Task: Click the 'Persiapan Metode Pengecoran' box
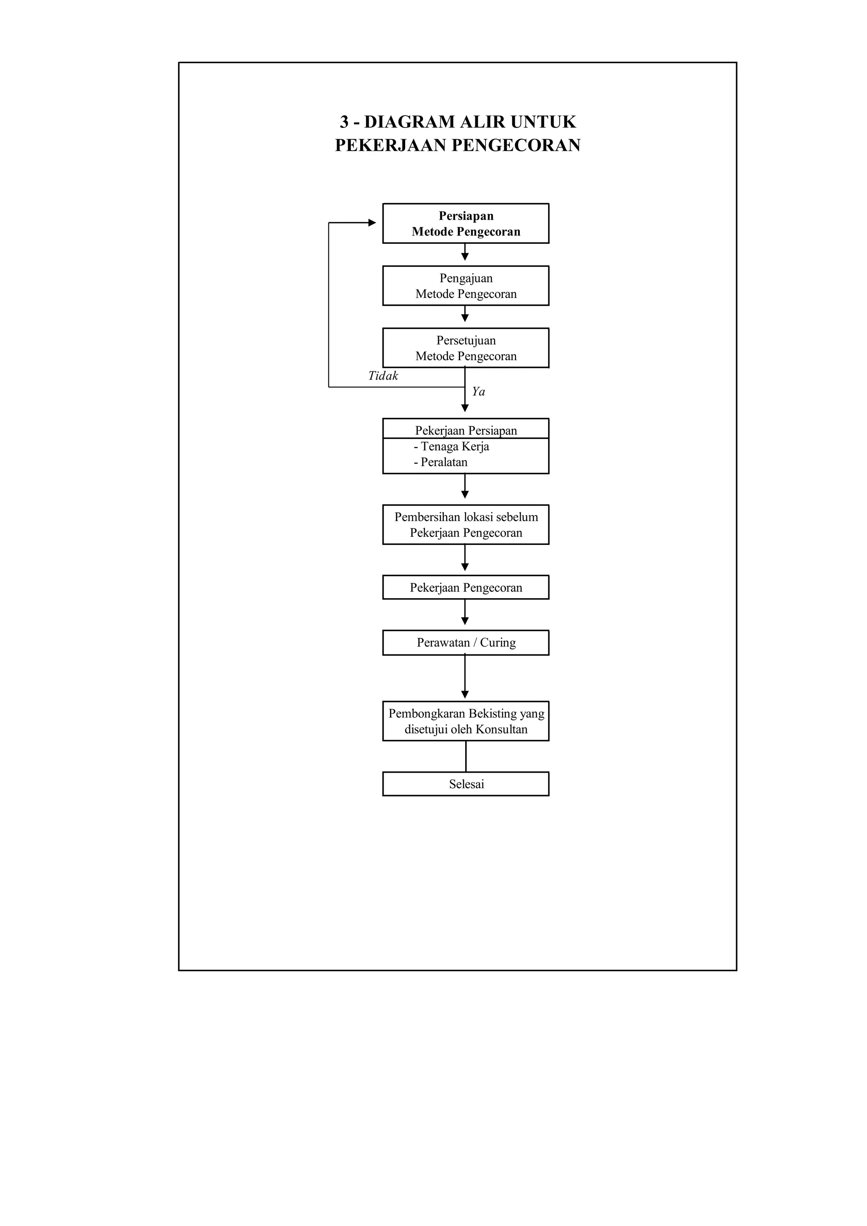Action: coord(466,223)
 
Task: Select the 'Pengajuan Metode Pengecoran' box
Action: coord(466,286)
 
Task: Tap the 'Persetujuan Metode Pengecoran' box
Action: coord(466,348)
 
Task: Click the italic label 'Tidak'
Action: coord(383,376)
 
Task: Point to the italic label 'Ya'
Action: coord(478,392)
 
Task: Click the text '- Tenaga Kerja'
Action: coord(451,446)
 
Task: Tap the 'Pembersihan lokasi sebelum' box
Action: coord(466,525)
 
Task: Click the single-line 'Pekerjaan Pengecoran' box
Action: coord(466,587)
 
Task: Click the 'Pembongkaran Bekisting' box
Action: coord(466,721)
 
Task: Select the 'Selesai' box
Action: coord(466,784)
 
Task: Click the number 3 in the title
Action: coord(344,122)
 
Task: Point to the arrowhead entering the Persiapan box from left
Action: coord(372,223)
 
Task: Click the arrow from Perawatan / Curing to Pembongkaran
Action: coord(465,677)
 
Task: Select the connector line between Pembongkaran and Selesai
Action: coord(466,756)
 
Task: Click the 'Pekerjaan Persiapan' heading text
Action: coord(466,431)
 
